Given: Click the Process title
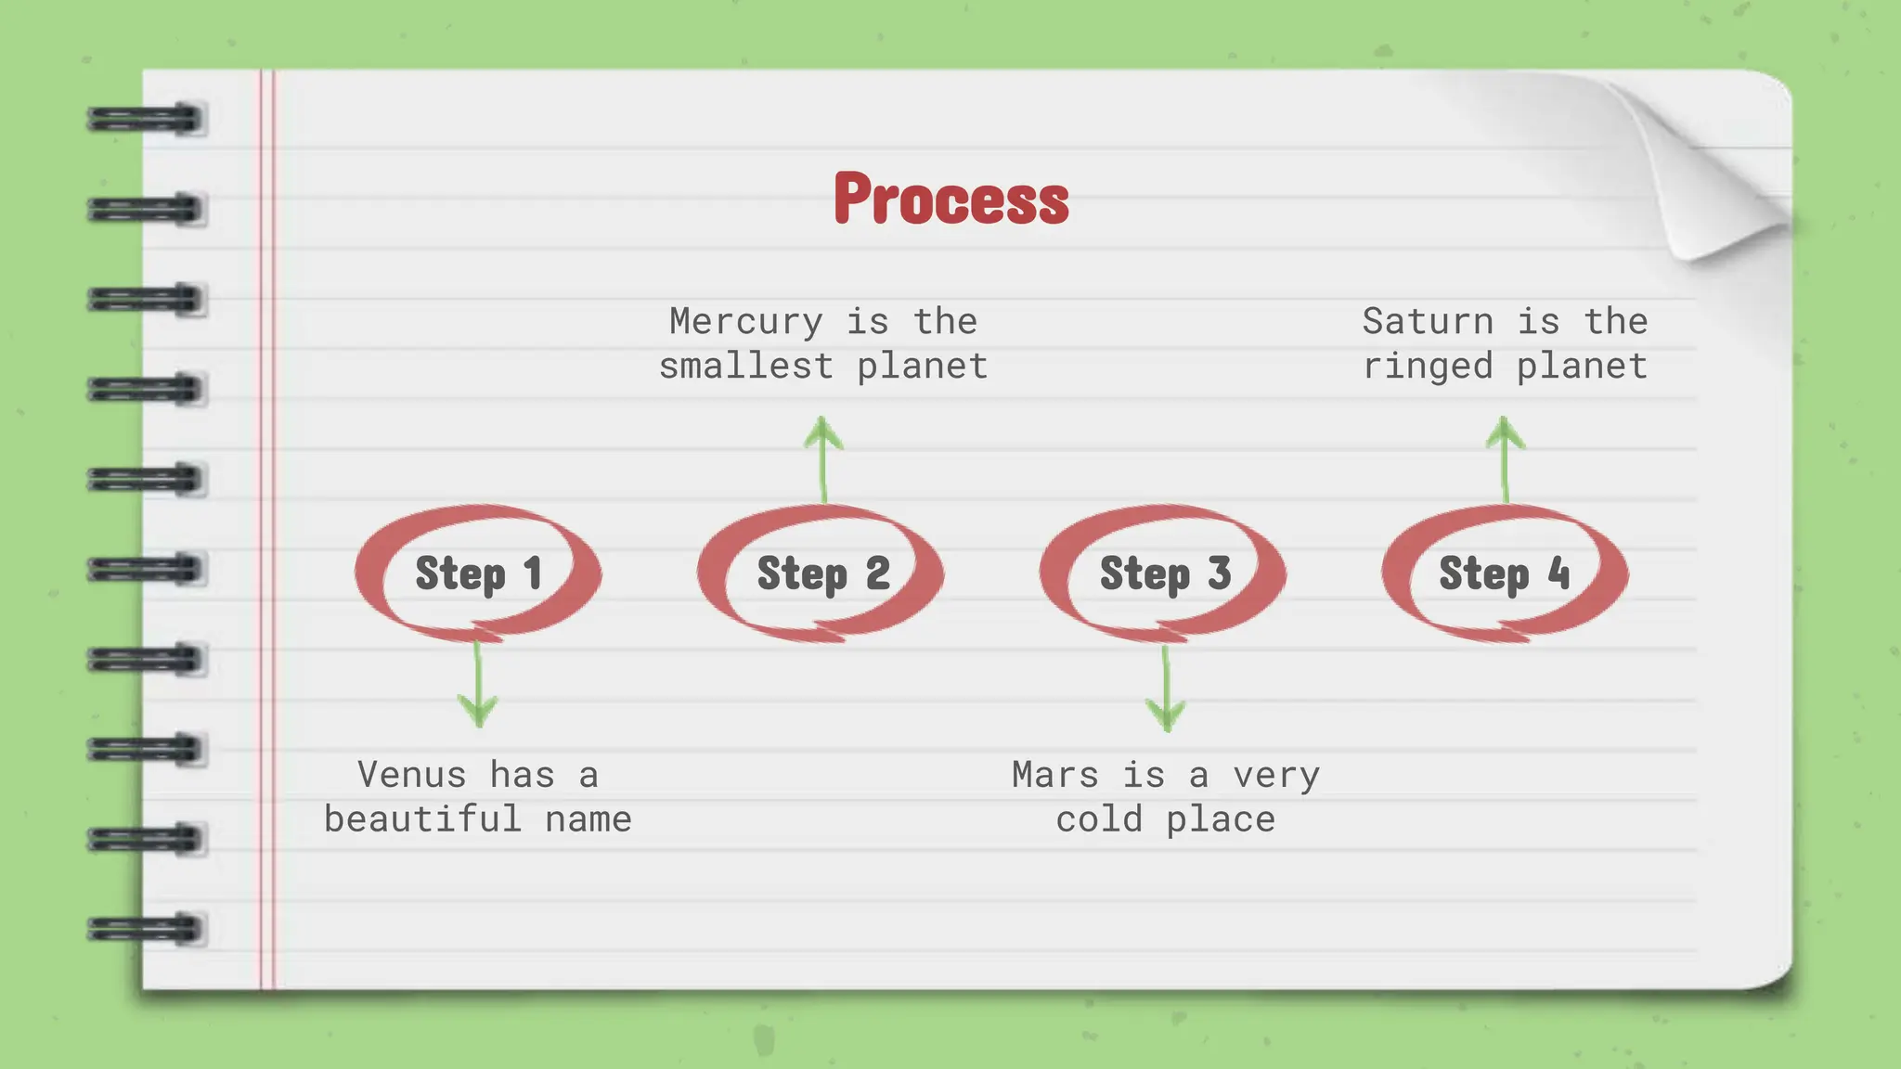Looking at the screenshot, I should pos(950,199).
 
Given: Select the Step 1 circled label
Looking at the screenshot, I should pos(478,573).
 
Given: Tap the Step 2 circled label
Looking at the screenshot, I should pos(822,573).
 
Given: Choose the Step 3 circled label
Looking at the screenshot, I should pos(1165,573).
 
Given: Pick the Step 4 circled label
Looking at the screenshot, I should pos(1505,573).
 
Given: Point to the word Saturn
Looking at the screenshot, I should pos(1428,322).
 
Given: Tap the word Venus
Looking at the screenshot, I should pos(411,775).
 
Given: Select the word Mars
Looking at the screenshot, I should pos(1054,775).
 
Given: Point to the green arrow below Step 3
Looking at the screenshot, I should pos(1166,689).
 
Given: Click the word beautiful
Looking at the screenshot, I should pos(422,819).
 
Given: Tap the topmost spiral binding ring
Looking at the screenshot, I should pos(146,120).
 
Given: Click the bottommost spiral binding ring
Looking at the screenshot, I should pos(146,929).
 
